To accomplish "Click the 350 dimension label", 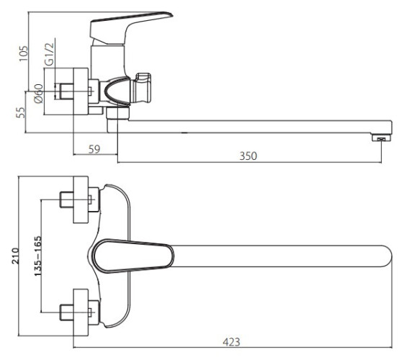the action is coord(248,156).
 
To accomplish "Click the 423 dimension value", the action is coord(231,342).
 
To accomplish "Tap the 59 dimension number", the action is coord(94,149).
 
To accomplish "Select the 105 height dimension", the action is coord(23,53).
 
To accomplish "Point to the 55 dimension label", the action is coord(21,112).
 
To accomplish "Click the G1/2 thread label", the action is coord(49,54).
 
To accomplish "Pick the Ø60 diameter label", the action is coord(39,93).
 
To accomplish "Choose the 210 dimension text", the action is coord(15,256).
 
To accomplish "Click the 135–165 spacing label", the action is coord(37,256).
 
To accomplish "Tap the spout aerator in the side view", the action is coord(382,138).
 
